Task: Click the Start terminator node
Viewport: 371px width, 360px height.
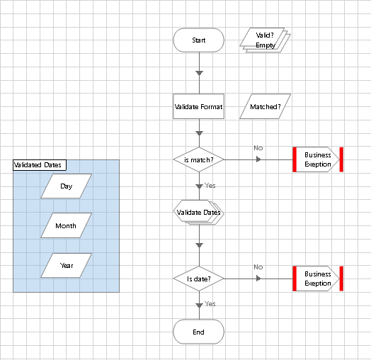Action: pyautogui.click(x=198, y=40)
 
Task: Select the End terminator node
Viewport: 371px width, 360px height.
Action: pyautogui.click(x=198, y=332)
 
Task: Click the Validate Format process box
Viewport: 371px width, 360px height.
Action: pyautogui.click(x=198, y=107)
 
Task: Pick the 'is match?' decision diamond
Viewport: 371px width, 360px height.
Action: pyautogui.click(x=198, y=159)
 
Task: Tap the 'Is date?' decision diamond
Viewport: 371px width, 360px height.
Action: pyautogui.click(x=198, y=279)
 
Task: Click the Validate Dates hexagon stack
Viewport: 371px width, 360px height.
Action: pyautogui.click(x=198, y=213)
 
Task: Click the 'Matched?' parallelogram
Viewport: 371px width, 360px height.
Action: pyautogui.click(x=266, y=107)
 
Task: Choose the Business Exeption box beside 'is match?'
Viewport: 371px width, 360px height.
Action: pyautogui.click(x=318, y=159)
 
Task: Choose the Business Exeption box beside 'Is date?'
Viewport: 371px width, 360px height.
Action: pyautogui.click(x=318, y=279)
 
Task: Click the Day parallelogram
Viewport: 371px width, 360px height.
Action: pyautogui.click(x=67, y=186)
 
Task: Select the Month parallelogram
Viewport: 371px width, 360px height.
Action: pyautogui.click(x=67, y=226)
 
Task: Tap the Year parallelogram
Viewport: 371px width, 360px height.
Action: pyautogui.click(x=67, y=266)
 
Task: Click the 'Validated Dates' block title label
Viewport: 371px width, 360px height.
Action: pyautogui.click(x=38, y=165)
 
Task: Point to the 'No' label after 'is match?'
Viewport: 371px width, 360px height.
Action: pyautogui.click(x=258, y=147)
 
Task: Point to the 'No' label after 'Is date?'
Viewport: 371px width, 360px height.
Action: pyautogui.click(x=258, y=267)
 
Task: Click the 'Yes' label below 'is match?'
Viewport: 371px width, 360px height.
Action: pyautogui.click(x=210, y=186)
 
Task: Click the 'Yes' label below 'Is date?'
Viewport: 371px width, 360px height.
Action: pyautogui.click(x=210, y=304)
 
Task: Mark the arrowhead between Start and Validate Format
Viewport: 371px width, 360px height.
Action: pyautogui.click(x=199, y=73)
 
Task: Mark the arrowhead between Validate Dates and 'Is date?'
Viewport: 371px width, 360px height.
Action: pyautogui.click(x=199, y=244)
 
